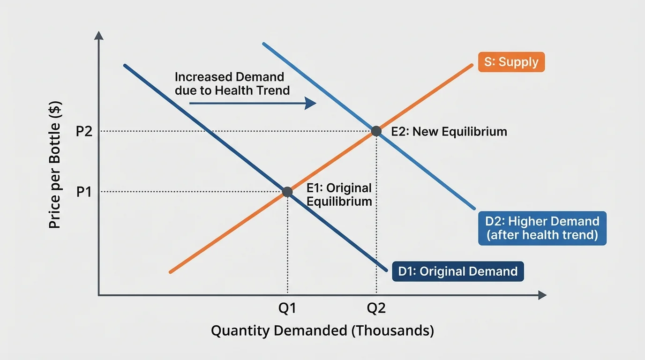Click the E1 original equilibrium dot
(x=287, y=192)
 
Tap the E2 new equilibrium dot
(x=376, y=131)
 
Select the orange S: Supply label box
(x=511, y=62)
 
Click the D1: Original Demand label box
(x=457, y=271)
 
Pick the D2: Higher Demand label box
(x=542, y=228)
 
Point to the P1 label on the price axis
(x=84, y=192)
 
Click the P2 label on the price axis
(x=84, y=132)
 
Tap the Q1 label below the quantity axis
(x=287, y=308)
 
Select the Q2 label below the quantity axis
(x=376, y=308)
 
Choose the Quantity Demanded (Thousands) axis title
(x=322, y=330)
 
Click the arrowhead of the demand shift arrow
(x=311, y=103)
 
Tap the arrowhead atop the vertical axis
(x=98, y=35)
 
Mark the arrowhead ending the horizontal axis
(x=542, y=295)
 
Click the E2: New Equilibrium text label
(x=449, y=132)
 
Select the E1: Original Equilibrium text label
(x=339, y=195)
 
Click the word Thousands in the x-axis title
(x=394, y=330)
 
